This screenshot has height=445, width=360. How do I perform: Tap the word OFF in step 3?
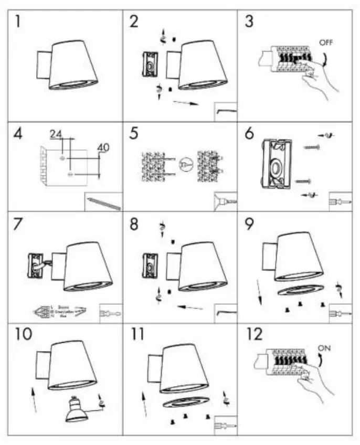(325, 42)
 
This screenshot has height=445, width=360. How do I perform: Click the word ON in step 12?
(324, 347)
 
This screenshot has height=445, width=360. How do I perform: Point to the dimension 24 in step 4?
(56, 134)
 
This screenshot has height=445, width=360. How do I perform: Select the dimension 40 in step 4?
(103, 147)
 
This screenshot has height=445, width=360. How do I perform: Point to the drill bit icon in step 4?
(103, 202)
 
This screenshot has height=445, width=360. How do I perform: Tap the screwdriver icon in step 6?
(338, 202)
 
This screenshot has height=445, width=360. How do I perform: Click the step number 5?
(134, 133)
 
